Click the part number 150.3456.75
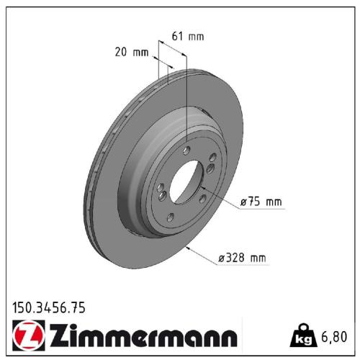[x=49, y=307]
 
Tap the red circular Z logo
[x=27, y=336]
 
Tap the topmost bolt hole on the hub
[x=187, y=150]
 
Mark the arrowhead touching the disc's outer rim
[x=188, y=248]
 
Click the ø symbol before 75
[x=243, y=202]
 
